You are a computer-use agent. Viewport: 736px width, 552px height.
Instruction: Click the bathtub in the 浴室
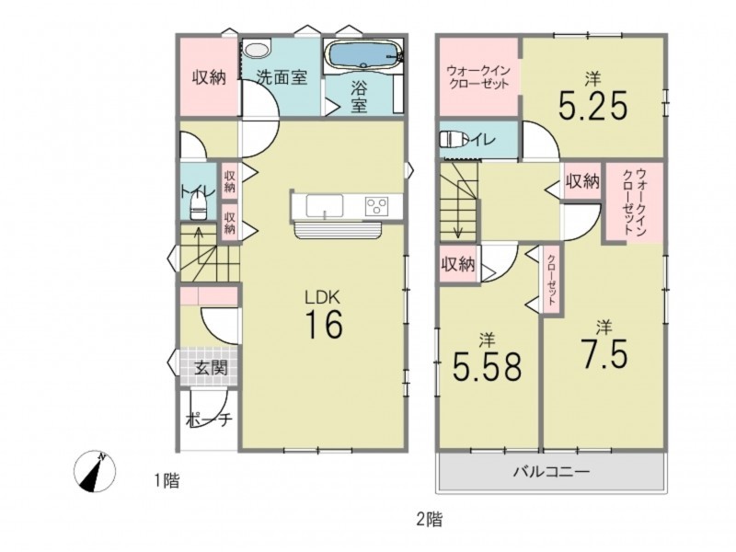363,54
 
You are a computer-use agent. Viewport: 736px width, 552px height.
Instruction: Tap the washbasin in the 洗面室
257,50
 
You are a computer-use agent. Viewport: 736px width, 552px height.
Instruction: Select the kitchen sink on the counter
325,205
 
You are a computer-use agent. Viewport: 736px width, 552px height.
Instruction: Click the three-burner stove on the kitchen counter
377,206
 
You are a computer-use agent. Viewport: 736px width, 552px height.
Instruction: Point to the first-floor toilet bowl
199,207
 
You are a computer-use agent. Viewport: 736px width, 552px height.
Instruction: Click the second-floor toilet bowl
453,139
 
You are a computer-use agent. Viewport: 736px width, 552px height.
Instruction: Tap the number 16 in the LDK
325,325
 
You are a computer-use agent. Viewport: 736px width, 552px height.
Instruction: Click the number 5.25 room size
592,106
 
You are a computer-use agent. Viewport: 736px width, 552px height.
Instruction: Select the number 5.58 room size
488,365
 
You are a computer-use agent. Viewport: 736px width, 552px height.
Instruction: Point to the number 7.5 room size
604,353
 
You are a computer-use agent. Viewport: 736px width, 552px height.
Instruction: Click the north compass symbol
96,471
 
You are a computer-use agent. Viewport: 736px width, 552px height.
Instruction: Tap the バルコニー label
550,470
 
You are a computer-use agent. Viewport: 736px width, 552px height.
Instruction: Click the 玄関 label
211,367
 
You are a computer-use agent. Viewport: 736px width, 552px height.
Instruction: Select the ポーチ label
209,420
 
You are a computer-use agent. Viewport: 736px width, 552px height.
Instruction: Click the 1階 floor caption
167,480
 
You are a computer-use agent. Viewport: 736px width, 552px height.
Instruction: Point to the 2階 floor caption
429,519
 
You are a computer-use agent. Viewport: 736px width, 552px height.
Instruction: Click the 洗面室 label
282,77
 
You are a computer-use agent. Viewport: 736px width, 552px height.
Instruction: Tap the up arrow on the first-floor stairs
199,245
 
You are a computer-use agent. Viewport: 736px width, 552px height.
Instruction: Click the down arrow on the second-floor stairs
457,217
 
